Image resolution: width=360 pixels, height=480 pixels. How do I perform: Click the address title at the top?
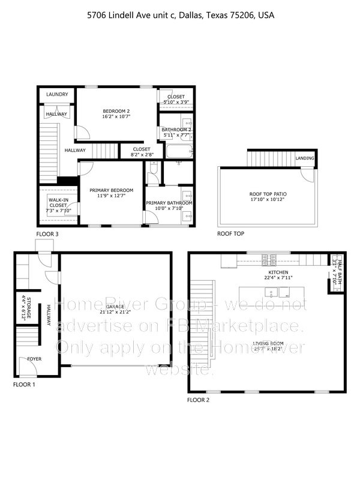point(180,15)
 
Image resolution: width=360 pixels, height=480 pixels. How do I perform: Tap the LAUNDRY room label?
point(57,95)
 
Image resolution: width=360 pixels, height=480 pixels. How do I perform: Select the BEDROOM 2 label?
point(116,111)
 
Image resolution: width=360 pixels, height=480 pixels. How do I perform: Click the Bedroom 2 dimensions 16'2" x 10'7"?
point(116,118)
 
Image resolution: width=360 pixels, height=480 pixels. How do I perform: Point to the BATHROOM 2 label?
point(176,130)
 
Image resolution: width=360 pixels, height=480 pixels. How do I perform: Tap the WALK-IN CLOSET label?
point(58,202)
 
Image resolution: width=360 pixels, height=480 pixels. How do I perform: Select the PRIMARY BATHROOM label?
point(169,203)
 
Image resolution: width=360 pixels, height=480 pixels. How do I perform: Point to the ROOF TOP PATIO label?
point(267,194)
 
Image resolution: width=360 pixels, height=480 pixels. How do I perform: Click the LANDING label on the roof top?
point(304,158)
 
